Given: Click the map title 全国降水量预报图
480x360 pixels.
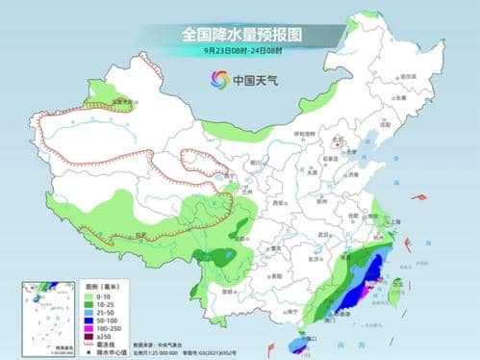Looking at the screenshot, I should coord(240,33).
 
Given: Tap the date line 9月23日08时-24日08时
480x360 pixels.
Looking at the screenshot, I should coord(240,50).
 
